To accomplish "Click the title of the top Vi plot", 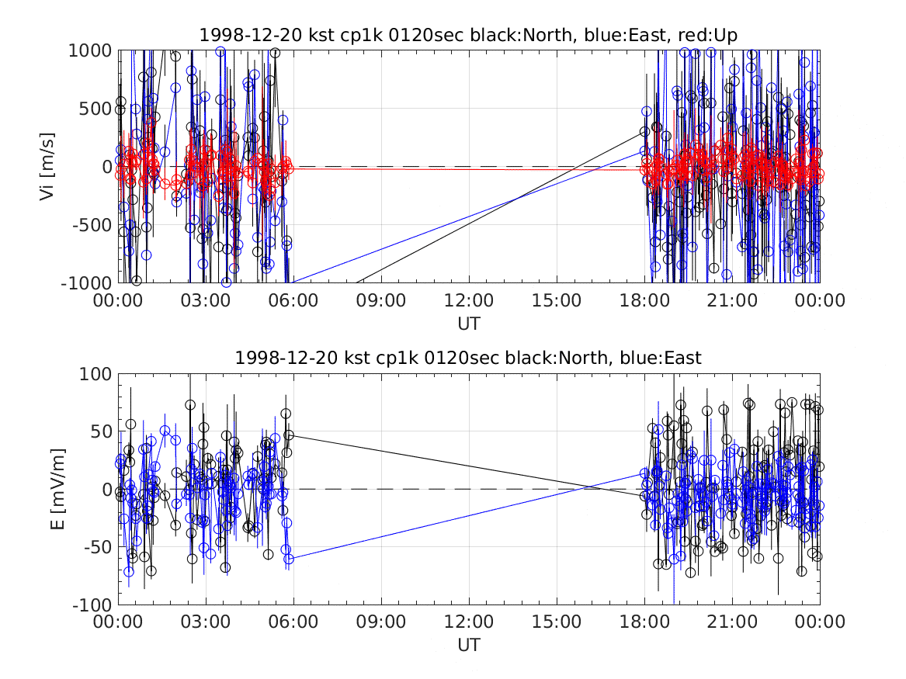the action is (x=468, y=35).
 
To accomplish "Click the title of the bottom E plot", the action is (x=468, y=358).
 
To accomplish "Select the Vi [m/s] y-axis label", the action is (x=47, y=167).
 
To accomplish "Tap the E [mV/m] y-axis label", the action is (x=57, y=489).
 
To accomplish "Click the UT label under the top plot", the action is (x=469, y=324).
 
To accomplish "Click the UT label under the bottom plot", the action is (x=469, y=645).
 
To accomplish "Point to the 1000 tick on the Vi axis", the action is (x=90, y=50).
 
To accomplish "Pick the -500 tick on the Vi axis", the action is (x=92, y=224).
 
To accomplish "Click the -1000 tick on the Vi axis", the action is (x=86, y=283).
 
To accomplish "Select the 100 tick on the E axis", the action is (x=95, y=373).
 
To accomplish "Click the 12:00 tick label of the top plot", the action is (x=469, y=300).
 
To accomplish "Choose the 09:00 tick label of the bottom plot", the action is (x=380, y=622).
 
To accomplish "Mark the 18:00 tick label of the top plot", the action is (x=644, y=300).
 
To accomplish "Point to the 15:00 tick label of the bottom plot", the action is (x=557, y=622).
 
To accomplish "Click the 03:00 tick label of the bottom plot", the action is (x=206, y=622).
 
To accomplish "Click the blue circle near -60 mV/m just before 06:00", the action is (x=289, y=559).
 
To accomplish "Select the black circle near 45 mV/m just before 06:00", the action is (x=289, y=435).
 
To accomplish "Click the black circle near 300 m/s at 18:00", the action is (x=645, y=132).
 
